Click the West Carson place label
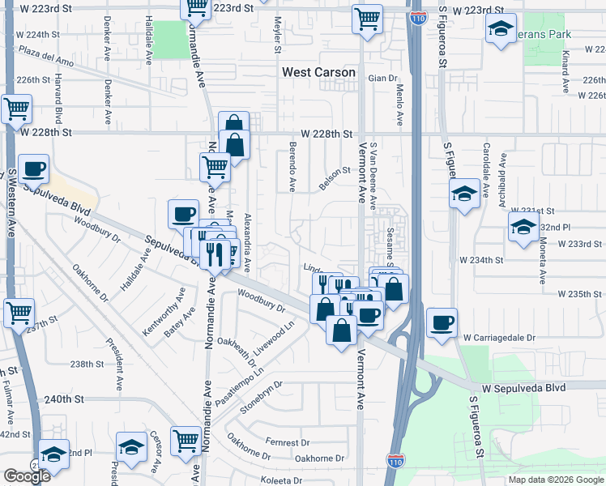point(318,72)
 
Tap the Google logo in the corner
point(26,475)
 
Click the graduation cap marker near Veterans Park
point(501,30)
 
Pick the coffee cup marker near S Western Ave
point(33,168)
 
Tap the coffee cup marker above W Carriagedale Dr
point(442,322)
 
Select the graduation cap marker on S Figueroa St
point(464,194)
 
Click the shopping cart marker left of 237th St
point(17,313)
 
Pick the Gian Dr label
point(383,79)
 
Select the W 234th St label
point(481,260)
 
